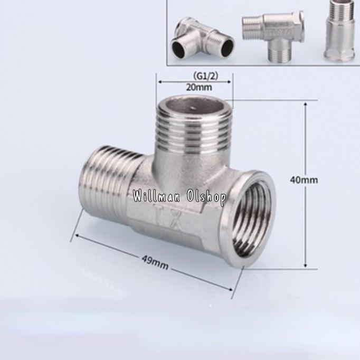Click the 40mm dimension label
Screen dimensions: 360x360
[304, 180]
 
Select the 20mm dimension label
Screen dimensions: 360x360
[199, 87]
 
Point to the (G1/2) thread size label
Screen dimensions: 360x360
[205, 76]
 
